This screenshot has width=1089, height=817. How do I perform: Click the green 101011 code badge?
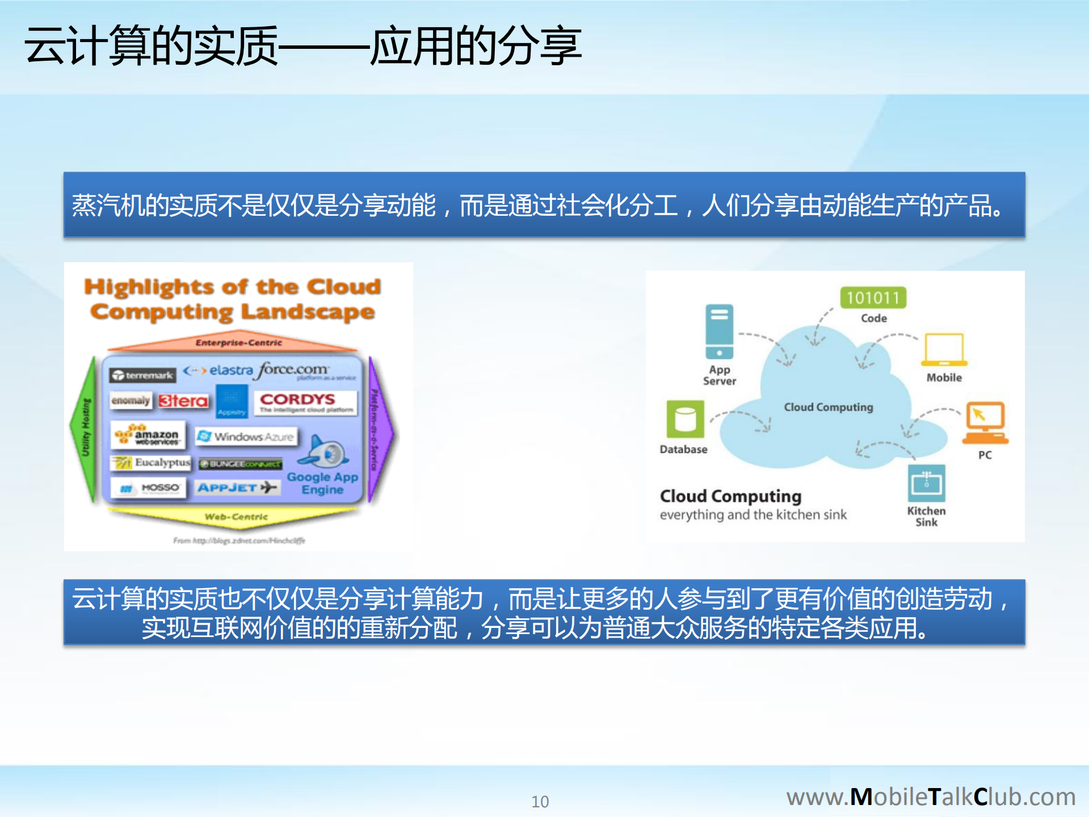pos(873,298)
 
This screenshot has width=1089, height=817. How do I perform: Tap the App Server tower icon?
pos(719,332)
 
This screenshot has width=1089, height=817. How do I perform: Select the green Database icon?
pos(685,419)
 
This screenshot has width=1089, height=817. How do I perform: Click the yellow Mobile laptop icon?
pos(944,349)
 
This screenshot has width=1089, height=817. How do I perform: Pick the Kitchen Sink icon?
pos(926,483)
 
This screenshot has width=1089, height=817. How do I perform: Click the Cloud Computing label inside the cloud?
pos(828,407)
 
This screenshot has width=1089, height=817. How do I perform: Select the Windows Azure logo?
pos(246,437)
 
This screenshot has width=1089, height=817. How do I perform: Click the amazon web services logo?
pos(148,435)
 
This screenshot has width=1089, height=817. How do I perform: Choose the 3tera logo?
pos(183,401)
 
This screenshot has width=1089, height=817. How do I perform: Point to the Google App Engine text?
pos(322,483)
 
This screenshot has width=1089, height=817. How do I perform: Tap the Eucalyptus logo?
pos(151,463)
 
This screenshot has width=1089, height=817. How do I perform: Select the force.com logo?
pos(293,370)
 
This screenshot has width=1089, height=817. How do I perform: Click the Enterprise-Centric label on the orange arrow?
pos(238,342)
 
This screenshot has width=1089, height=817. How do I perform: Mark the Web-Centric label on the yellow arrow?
pos(236,517)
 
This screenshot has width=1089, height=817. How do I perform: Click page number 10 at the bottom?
pos(540,801)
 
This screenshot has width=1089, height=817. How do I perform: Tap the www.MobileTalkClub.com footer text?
pos(930,797)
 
